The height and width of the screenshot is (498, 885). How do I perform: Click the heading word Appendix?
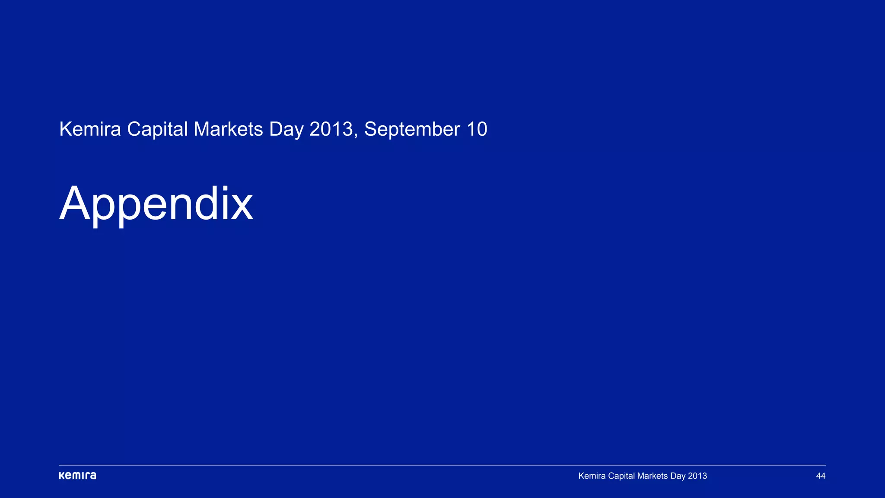coord(156,204)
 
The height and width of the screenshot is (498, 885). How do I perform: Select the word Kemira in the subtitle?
coord(90,129)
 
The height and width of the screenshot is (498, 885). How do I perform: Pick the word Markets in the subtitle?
coord(228,129)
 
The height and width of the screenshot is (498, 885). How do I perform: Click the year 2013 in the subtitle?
coord(331,129)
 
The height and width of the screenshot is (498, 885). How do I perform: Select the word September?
coord(412,129)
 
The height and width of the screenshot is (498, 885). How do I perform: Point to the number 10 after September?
coord(477,129)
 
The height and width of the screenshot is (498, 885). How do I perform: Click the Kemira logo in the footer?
coord(77,476)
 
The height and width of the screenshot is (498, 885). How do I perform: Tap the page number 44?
coord(821,476)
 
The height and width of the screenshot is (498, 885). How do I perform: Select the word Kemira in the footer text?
coord(592,476)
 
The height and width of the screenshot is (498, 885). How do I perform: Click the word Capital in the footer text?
coord(621,476)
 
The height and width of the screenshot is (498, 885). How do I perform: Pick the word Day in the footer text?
coord(678,476)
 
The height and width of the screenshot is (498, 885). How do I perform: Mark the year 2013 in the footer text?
coord(697,476)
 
